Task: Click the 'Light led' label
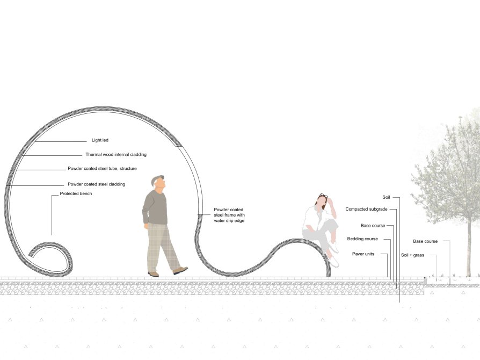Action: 100,140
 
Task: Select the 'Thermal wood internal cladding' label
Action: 116,154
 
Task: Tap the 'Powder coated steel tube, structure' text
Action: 102,169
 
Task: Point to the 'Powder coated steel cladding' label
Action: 97,184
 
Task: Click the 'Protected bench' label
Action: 76,193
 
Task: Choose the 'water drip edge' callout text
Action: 229,221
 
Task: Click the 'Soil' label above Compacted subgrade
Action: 387,197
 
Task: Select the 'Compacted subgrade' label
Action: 366,209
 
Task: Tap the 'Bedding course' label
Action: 362,239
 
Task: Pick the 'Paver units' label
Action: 363,254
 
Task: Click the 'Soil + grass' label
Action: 413,255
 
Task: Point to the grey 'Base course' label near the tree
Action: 425,241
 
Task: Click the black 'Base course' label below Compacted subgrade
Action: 373,226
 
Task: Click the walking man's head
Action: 158,182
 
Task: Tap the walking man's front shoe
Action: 180,270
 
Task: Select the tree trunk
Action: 468,245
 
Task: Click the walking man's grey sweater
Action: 155,208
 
